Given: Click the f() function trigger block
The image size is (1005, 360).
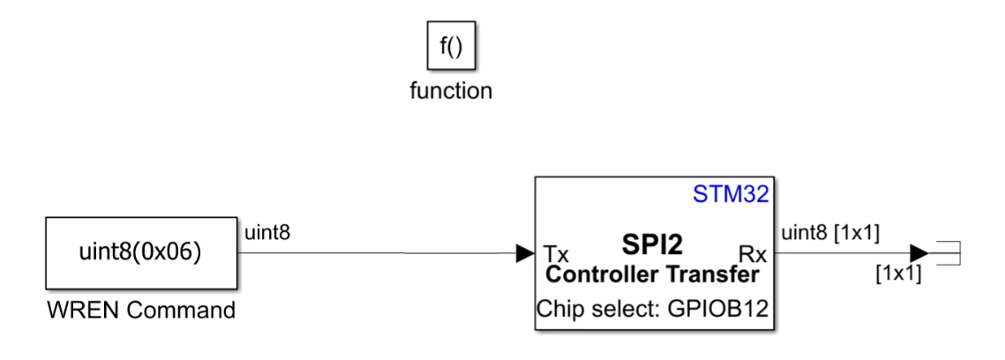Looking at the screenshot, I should click(x=451, y=47).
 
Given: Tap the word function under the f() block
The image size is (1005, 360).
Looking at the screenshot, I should click(x=451, y=91).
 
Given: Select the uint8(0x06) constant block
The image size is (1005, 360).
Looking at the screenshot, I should click(x=141, y=253).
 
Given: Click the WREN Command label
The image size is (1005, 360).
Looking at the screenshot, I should click(x=141, y=311).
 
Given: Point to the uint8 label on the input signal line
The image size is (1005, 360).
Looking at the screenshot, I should click(x=267, y=233).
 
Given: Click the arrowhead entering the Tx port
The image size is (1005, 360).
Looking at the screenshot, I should click(x=525, y=254).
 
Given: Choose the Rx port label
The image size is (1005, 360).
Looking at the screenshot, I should click(x=752, y=254).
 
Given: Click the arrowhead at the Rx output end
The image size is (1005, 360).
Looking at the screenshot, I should click(x=918, y=254).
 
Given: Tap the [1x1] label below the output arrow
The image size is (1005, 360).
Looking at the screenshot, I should click(x=897, y=274).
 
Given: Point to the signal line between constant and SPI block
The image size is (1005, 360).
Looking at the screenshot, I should click(x=379, y=254).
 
